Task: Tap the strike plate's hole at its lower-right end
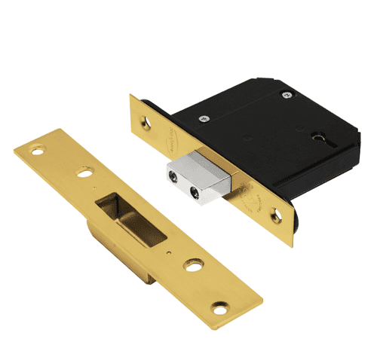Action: point(220,307)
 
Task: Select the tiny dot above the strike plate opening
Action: point(93,184)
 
